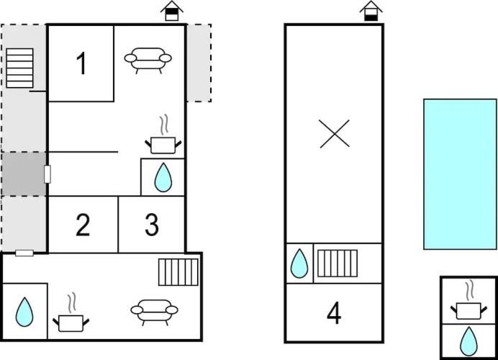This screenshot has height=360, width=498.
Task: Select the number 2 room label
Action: click(83, 225)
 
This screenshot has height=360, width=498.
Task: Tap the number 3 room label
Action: click(151, 225)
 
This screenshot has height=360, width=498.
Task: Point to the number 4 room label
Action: click(333, 313)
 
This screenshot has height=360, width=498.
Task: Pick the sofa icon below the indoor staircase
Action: click(153, 311)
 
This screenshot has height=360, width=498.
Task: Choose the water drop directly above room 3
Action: click(163, 177)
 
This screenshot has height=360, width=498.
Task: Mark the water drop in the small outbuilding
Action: click(468, 340)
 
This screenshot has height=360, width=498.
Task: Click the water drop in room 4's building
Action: click(299, 264)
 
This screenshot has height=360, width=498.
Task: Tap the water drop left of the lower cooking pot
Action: click(25, 312)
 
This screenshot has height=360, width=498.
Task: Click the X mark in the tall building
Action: click(334, 134)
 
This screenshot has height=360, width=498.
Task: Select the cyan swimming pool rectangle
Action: click(460, 174)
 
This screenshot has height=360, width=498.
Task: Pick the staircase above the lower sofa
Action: click(178, 272)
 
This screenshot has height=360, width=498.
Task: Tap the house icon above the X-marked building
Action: click(371, 11)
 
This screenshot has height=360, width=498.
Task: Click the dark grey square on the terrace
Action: click(23, 174)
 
